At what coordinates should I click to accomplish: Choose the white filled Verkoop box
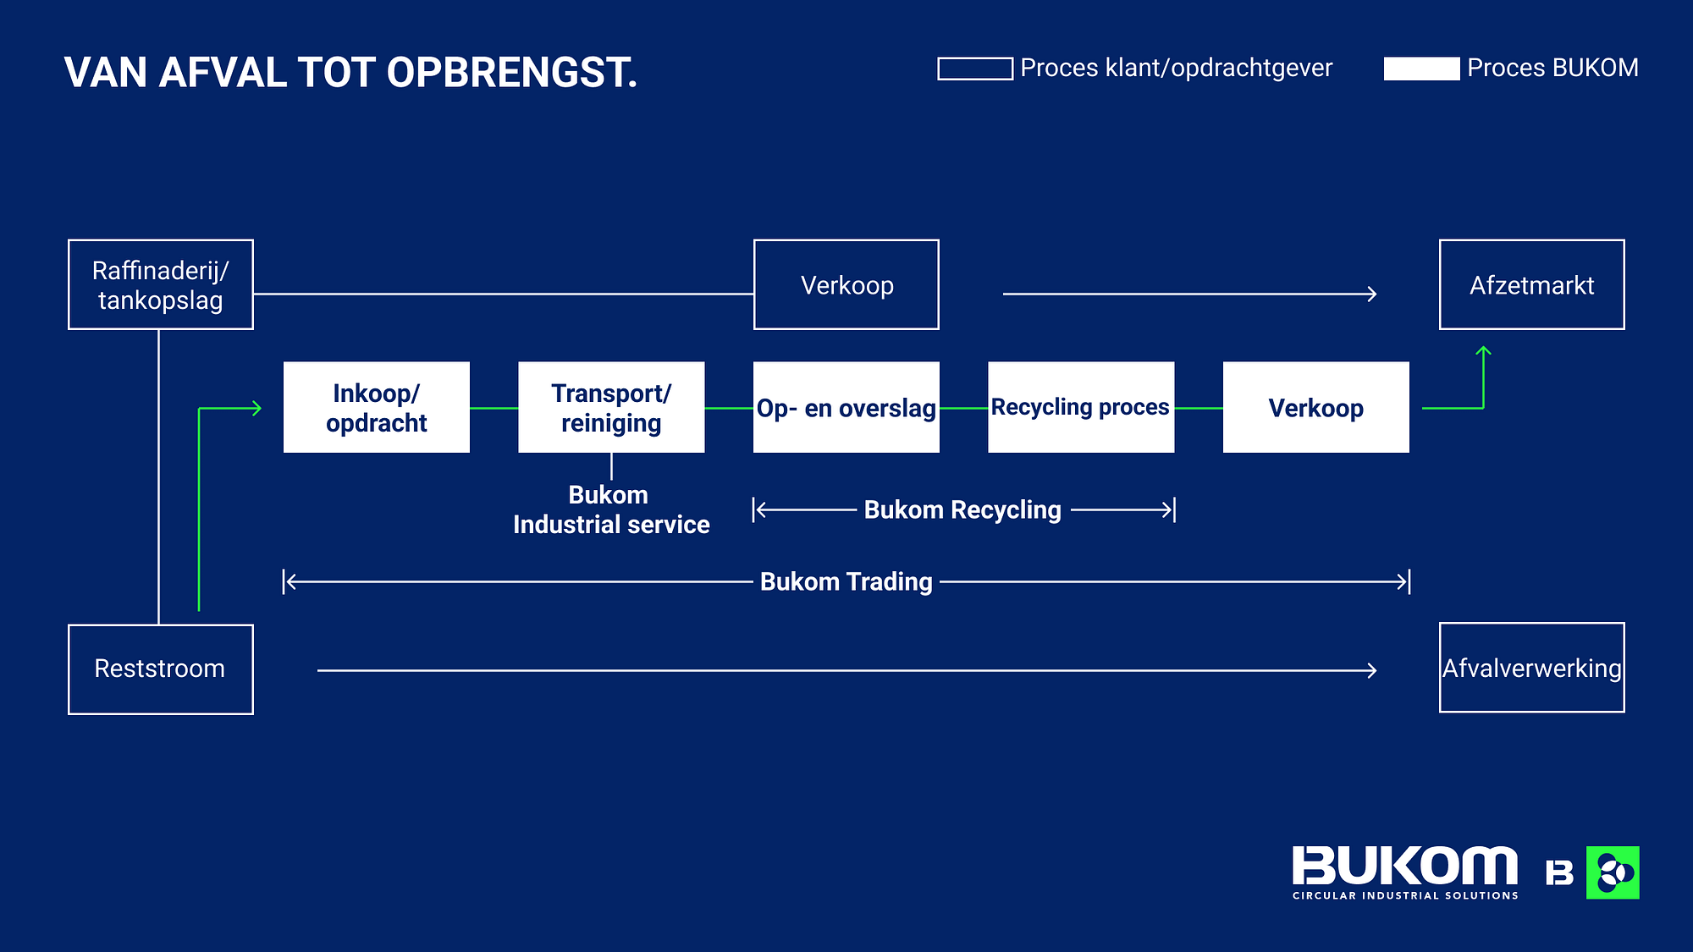click(1316, 407)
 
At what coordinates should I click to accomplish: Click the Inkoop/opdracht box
click(377, 407)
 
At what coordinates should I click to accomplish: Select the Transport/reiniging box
click(611, 407)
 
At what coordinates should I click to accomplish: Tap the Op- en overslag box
click(846, 407)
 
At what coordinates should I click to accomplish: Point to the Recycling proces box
click(1081, 407)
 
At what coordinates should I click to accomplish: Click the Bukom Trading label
click(846, 582)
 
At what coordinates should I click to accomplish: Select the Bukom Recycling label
click(962, 510)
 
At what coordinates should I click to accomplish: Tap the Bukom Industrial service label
click(611, 509)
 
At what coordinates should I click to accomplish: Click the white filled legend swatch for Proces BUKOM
click(1422, 69)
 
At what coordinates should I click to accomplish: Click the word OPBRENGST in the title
click(512, 73)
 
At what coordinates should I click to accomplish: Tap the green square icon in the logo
click(1613, 872)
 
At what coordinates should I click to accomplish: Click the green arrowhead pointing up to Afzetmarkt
click(1484, 351)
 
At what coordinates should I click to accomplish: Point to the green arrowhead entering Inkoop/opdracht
click(256, 409)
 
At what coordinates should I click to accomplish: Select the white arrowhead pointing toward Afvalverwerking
click(1371, 671)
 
